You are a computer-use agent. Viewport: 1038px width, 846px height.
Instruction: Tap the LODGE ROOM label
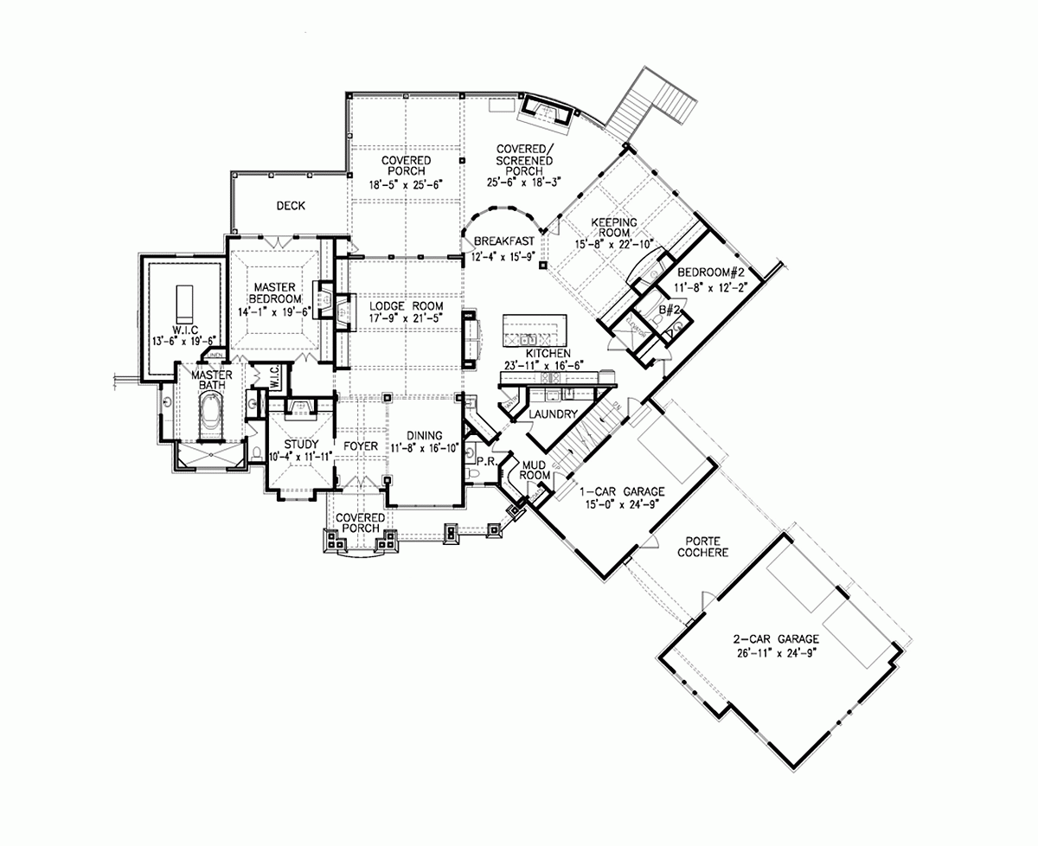[407, 307]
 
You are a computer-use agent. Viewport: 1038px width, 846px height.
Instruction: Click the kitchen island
[534, 329]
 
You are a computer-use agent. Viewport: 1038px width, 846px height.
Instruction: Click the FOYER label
[361, 446]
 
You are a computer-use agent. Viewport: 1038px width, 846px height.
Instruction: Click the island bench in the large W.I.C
[183, 301]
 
